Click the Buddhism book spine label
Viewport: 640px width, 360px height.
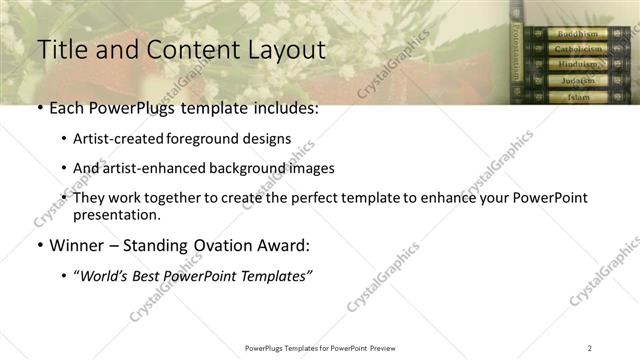[578, 33]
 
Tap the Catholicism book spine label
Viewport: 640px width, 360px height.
[578, 48]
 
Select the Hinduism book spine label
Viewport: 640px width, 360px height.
[578, 64]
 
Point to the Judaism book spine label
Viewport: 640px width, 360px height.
[578, 80]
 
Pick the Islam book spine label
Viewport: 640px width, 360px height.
[578, 96]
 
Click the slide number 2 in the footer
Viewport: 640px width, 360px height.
[589, 347]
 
